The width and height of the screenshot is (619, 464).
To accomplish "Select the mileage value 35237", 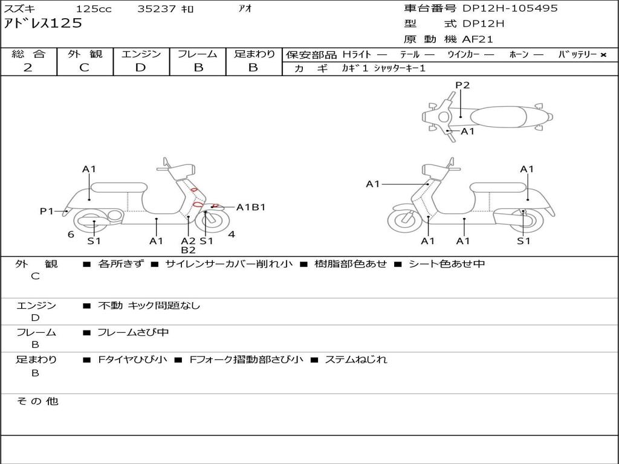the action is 156,9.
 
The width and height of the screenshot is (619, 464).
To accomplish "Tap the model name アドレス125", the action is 43,24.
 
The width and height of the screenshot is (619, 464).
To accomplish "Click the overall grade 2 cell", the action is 28,68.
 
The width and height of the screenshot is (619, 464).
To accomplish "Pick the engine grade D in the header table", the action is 140,68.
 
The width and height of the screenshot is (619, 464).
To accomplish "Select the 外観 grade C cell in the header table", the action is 84,68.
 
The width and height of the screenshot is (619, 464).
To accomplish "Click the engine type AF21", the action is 478,40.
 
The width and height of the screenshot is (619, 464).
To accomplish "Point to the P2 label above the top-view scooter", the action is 462,85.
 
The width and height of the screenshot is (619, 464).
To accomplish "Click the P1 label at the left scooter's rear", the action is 47,211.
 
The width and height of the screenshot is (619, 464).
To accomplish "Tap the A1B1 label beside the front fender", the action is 251,207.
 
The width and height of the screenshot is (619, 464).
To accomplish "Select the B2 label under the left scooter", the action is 188,250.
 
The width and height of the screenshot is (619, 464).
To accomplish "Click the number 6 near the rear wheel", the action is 71,234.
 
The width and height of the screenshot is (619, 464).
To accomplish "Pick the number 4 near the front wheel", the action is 232,234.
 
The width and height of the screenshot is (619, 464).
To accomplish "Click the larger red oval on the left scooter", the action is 197,204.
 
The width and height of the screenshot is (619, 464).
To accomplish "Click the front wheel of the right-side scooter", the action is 404,220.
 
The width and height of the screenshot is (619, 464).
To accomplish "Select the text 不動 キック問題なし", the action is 149,306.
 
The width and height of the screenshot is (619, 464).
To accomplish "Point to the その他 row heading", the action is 37,401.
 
